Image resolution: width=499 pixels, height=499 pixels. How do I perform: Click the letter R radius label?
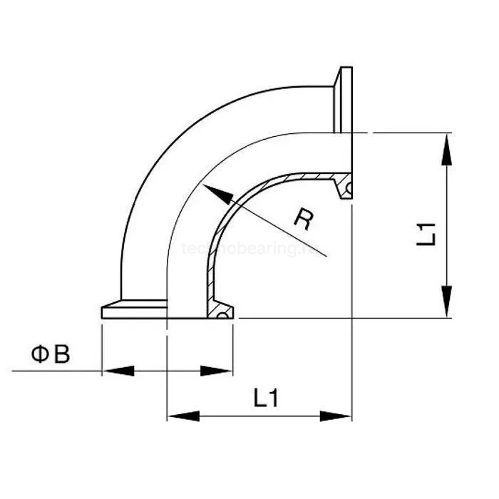point(303,219)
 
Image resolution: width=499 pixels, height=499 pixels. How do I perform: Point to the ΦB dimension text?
point(50,354)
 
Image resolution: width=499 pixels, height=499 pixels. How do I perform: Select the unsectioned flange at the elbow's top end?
point(346,100)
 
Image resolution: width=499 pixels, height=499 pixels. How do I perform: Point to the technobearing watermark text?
point(249,249)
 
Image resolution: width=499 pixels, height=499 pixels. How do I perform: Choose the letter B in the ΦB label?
point(62,354)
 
